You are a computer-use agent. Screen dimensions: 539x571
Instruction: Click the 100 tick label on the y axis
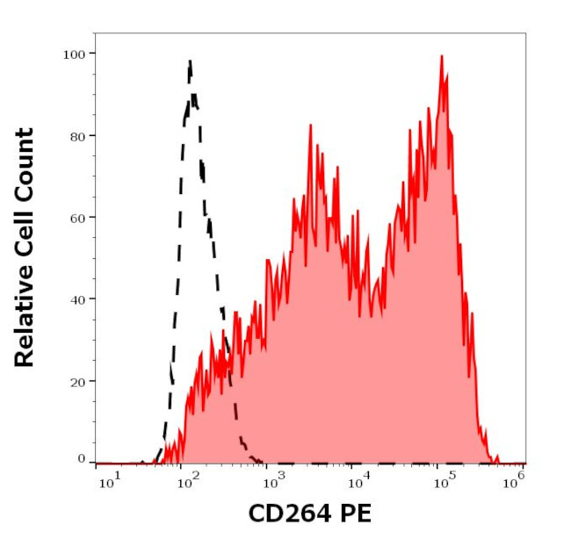(x=74, y=54)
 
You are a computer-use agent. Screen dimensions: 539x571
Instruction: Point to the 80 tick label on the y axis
(x=77, y=136)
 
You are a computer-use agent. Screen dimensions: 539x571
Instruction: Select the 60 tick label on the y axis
(x=77, y=218)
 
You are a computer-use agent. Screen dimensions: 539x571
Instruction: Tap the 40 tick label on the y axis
(x=77, y=299)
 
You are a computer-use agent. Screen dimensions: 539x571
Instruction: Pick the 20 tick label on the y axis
(x=77, y=382)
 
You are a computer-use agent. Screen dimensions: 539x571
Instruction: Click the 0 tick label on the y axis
(x=82, y=459)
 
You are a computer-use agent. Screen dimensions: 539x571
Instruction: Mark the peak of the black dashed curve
(x=190, y=61)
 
